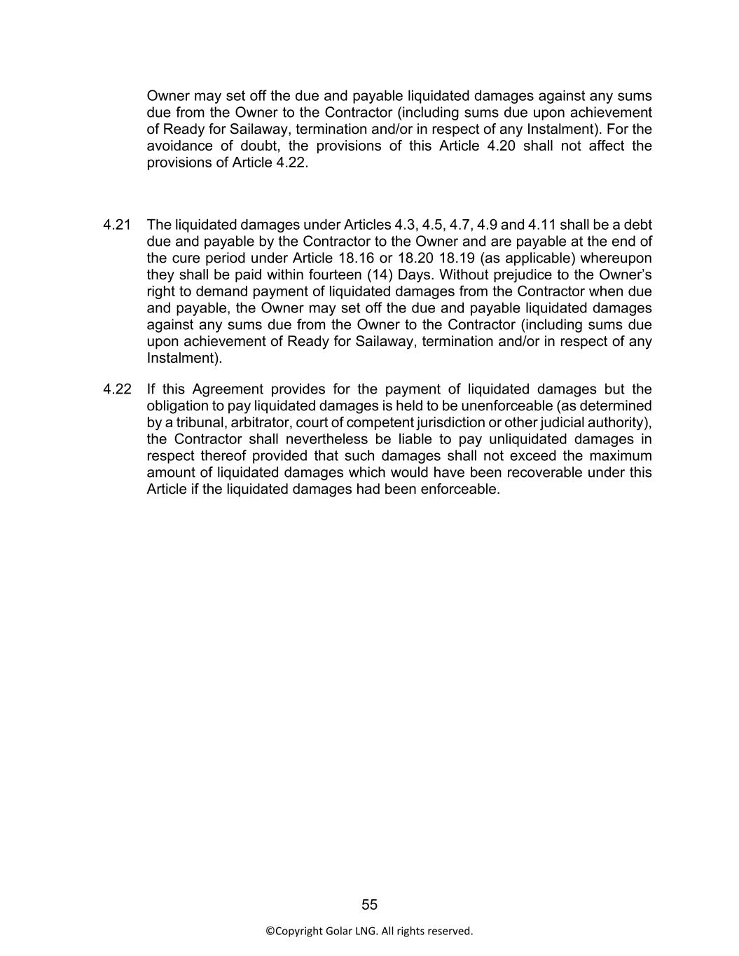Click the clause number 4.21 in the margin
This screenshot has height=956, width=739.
117,225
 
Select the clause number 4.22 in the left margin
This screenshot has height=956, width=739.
117,389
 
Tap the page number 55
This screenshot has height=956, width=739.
369,905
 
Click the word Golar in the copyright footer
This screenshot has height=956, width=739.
339,931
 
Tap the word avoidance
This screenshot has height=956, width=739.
179,146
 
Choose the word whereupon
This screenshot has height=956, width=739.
619,258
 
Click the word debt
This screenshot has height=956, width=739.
637,225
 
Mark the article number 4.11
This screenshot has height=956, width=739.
542,225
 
